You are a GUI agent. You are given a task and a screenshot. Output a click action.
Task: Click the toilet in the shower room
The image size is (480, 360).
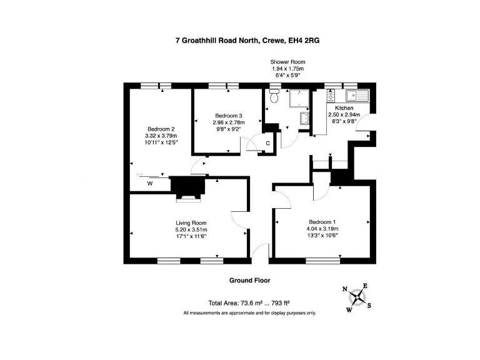point(274,96)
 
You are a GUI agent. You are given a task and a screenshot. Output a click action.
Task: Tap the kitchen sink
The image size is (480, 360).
point(357,95)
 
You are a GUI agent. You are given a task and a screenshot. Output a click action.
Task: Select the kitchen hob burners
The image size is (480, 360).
point(331,95)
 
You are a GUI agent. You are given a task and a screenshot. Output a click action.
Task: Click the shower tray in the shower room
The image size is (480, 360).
point(299,98)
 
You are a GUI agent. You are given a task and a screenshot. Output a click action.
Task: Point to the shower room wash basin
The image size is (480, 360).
point(304,119)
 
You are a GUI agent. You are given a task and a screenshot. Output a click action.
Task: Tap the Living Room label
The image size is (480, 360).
point(191,223)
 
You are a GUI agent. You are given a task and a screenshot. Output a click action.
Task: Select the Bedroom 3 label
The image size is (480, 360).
point(229,116)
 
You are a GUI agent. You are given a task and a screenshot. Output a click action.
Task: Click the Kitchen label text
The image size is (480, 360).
point(344,107)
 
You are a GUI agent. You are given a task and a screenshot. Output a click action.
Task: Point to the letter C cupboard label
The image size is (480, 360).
point(268,143)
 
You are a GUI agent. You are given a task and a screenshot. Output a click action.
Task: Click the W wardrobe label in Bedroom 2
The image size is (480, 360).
point(150,184)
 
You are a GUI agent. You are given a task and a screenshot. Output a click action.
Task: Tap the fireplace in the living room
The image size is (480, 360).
point(188,189)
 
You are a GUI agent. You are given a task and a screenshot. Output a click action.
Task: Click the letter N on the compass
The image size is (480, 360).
point(345,289)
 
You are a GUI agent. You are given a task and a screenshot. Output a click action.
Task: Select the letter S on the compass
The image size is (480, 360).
point(369,305)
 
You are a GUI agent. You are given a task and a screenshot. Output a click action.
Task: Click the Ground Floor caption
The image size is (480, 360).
point(250,280)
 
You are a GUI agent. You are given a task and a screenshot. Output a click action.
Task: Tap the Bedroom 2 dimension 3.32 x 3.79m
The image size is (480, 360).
point(161,136)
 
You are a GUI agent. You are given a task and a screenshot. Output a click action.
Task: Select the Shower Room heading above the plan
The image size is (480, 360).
point(287,62)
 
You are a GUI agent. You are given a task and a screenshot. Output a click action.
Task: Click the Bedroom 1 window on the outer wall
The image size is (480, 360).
point(323,261)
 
